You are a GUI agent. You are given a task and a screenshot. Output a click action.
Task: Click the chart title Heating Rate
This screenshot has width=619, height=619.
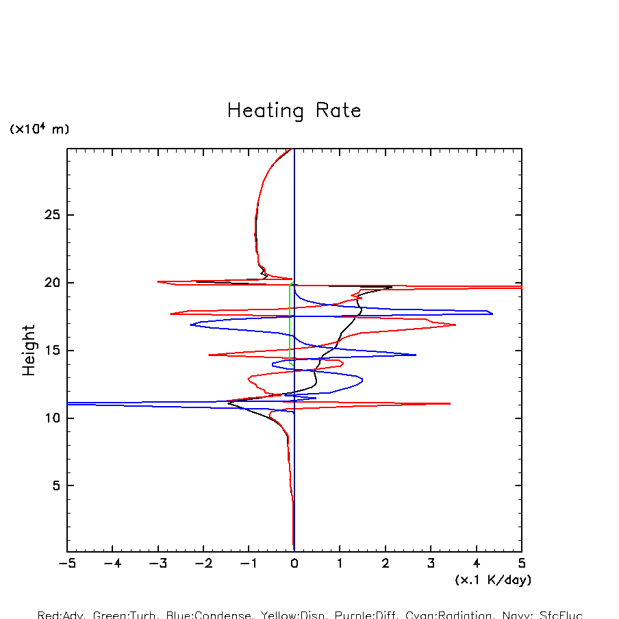coord(294,111)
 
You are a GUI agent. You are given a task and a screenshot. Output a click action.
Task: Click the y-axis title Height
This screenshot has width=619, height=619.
coord(29,351)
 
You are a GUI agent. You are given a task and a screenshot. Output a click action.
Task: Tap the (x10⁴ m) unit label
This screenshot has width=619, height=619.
coord(39,129)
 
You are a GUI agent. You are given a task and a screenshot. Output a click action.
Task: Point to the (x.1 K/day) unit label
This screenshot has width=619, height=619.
coord(493,580)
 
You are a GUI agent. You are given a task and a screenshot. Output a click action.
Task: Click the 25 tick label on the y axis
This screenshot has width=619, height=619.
coord(53,216)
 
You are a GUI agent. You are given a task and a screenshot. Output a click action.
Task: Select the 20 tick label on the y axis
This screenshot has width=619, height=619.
coord(53,283)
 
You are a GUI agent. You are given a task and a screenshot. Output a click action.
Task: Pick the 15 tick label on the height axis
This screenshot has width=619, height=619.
coord(53,351)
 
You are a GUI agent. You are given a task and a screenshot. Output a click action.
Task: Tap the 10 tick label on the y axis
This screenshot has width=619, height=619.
coord(53,418)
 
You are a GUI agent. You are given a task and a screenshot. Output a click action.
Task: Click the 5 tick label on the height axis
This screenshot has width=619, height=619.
coord(57,485)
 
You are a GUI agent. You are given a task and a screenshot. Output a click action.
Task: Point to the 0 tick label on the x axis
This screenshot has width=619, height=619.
coord(294,564)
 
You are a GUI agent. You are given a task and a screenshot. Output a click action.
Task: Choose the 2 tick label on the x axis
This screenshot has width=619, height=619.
coord(386,564)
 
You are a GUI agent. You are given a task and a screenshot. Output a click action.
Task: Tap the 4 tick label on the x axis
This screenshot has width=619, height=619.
coord(477,564)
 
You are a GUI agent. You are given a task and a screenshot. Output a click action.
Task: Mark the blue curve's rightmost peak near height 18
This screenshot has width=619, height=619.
coord(492,314)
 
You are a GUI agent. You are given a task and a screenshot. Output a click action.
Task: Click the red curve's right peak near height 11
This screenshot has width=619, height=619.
coord(450,403)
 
